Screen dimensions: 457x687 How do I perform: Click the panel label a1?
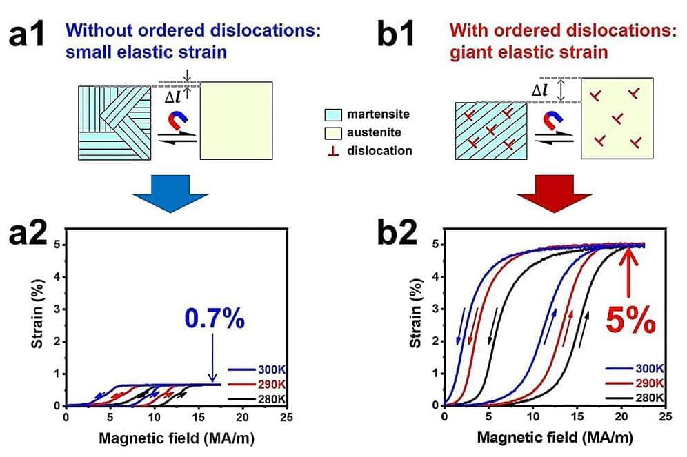pos(28,34)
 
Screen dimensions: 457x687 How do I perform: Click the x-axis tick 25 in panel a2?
pos(287,417)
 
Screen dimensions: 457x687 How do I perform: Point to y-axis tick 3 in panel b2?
pos(435,308)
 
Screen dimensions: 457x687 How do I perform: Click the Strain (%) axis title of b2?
pos(416,323)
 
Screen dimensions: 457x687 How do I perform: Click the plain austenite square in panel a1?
pos(237,120)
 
